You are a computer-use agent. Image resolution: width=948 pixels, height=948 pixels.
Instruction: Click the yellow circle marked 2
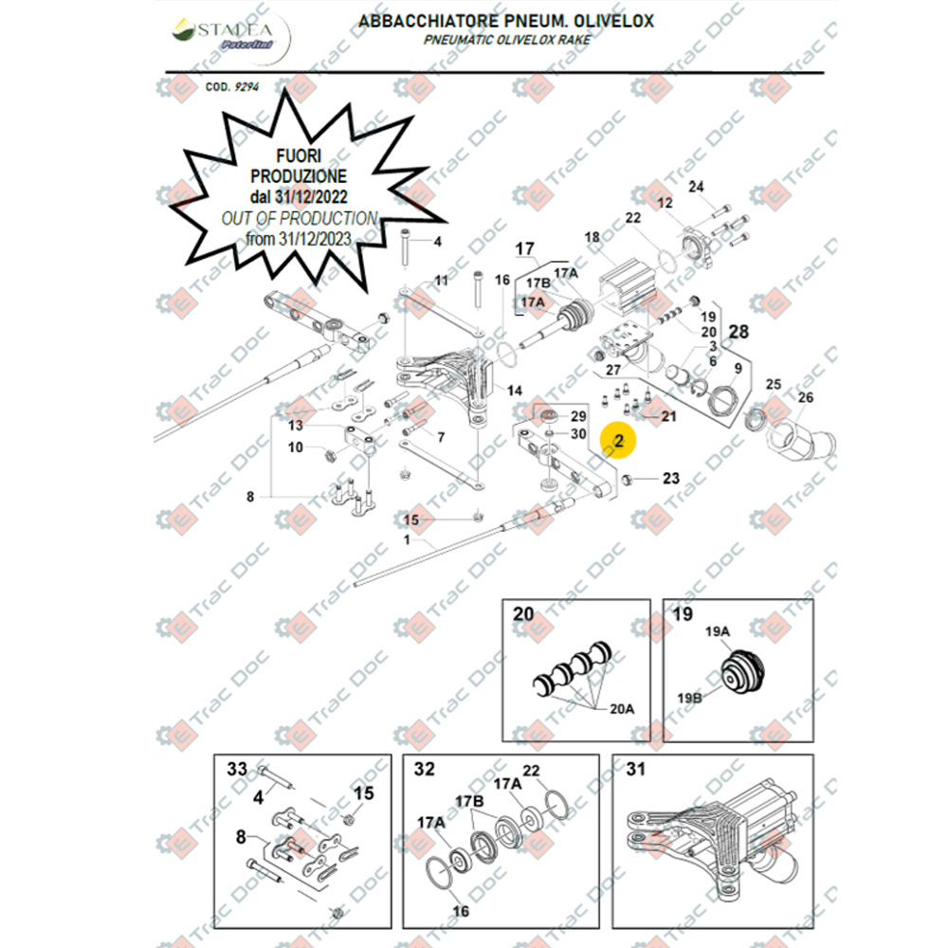pyautogui.click(x=619, y=440)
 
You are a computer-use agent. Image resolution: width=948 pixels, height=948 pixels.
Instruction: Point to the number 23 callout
pyautogui.click(x=671, y=479)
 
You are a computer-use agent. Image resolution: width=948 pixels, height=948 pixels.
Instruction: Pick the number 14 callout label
pyautogui.click(x=515, y=391)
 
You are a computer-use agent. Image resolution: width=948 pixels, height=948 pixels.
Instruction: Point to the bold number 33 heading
pyautogui.click(x=235, y=769)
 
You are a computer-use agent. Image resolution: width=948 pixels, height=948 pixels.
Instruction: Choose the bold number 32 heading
pyautogui.click(x=426, y=770)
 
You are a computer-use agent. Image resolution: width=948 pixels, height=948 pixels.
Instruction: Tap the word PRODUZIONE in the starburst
pyautogui.click(x=298, y=176)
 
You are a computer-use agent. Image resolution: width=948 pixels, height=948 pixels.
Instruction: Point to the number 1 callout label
pyautogui.click(x=408, y=539)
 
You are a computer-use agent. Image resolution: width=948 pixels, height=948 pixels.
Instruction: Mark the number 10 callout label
pyautogui.click(x=296, y=447)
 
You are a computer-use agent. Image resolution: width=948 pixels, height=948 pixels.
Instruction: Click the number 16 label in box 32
pyautogui.click(x=461, y=912)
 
